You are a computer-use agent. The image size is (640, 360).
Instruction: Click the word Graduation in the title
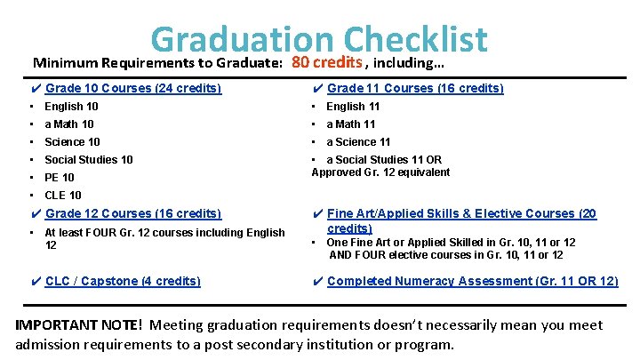point(242,39)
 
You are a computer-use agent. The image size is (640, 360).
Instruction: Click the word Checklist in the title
point(415,39)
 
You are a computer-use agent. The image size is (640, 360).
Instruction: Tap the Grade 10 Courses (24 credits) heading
point(133,88)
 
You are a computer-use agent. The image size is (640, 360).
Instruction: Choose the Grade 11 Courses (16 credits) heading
point(415,88)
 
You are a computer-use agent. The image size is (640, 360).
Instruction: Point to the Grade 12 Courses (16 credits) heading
point(133,213)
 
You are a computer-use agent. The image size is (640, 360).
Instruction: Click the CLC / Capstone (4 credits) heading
point(123,281)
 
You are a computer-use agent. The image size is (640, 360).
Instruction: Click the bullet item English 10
point(71,107)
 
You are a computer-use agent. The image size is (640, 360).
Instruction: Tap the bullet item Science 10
point(72,142)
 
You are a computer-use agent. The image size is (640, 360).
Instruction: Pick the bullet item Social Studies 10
point(89,160)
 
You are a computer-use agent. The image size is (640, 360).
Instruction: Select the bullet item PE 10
point(60,178)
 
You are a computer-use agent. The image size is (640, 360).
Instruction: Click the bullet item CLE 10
point(62,196)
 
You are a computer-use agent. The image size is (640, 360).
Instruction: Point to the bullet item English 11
point(353,107)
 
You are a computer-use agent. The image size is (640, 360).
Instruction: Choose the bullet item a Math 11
point(350,124)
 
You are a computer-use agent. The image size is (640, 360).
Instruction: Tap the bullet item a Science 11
point(358,142)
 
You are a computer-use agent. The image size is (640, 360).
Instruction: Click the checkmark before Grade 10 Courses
point(35,88)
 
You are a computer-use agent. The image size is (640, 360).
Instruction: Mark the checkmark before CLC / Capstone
point(35,281)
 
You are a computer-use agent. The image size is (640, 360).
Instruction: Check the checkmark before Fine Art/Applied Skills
point(317,213)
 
